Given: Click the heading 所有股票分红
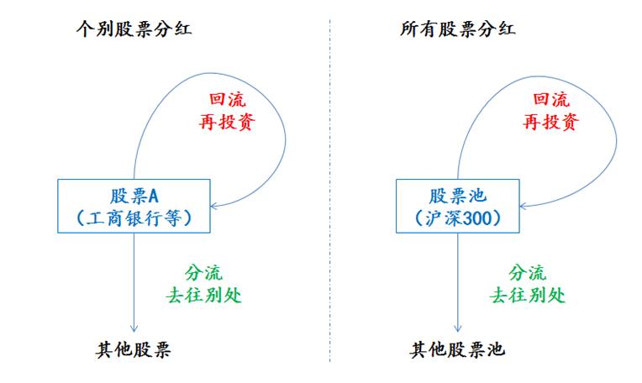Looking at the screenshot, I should click(458, 30).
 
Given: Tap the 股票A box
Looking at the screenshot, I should click(134, 206).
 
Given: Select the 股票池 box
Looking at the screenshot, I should click(458, 206).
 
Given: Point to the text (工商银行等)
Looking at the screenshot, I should click(134, 218).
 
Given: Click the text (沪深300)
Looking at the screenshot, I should click(458, 218).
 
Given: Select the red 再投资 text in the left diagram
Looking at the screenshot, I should click(226, 123).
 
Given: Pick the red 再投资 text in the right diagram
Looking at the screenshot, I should click(550, 123).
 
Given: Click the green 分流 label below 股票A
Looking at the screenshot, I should click(202, 274).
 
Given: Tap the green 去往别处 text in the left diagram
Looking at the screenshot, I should click(202, 296).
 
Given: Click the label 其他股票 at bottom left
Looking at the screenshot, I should click(134, 349).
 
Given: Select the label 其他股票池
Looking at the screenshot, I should click(458, 349).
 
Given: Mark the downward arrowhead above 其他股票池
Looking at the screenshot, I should click(458, 330).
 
